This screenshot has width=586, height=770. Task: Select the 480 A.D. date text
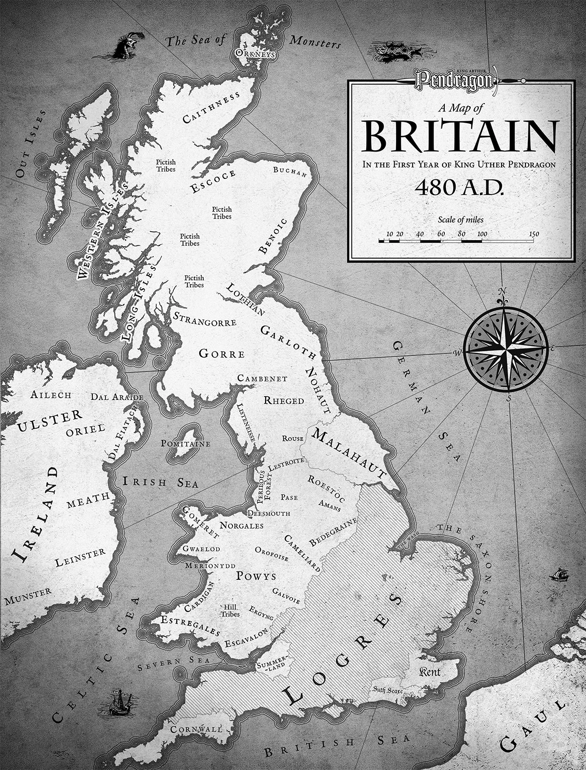[x=459, y=188]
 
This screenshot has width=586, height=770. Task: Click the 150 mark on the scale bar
[x=534, y=234]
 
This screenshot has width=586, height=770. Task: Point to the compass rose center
[x=505, y=348]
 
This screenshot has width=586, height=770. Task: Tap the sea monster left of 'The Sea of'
[x=126, y=45]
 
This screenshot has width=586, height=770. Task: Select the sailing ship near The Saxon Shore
[x=559, y=574]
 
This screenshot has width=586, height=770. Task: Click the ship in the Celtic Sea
[x=117, y=700]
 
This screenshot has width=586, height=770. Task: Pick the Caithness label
[x=211, y=107]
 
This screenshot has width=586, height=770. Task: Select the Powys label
[x=256, y=575]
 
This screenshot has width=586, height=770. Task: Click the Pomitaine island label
[x=186, y=444]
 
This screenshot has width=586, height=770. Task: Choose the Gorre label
[x=221, y=353]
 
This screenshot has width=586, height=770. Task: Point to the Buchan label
[x=290, y=171]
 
